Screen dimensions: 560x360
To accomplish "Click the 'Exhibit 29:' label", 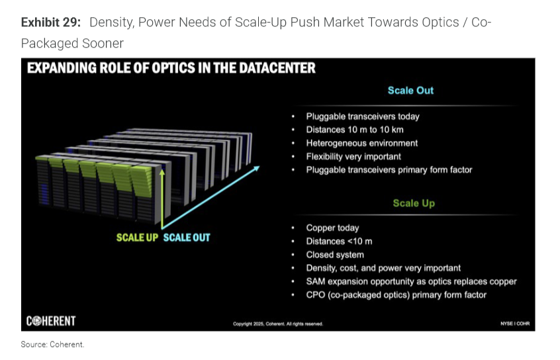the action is point(51,22).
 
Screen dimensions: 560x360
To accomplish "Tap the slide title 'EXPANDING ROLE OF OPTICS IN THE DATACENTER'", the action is point(171,68).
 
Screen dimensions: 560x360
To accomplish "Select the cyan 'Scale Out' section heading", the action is point(410,91).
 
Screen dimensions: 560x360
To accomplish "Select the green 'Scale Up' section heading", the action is point(414,203).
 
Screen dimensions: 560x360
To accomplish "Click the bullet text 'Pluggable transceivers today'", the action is point(363,116).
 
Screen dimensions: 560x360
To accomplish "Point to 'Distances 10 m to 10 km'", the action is point(355,130).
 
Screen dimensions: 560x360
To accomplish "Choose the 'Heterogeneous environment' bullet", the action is point(362,143).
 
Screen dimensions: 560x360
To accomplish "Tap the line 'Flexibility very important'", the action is point(353,156).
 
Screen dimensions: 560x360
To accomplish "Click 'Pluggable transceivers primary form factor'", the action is point(389,169).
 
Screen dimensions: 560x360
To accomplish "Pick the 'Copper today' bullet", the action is point(332,228).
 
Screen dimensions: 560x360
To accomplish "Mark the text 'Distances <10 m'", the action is point(339,242).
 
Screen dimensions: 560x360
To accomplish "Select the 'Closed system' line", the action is point(335,255).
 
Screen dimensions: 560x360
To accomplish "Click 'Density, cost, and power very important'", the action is point(383,268).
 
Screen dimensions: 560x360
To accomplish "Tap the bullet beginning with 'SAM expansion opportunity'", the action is point(411,281).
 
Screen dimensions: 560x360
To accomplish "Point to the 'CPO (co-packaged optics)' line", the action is point(396,295).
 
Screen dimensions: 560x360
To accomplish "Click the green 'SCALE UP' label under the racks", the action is point(137,238).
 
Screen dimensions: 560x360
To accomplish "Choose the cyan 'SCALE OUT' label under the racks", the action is point(187,238).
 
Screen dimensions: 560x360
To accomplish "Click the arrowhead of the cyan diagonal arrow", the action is point(257,168).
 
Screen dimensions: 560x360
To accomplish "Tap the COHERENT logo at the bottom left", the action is point(51,321).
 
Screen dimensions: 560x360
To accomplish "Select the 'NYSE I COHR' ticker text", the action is point(515,324).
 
